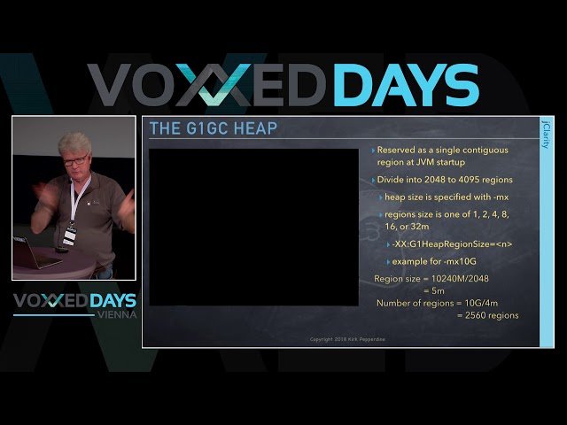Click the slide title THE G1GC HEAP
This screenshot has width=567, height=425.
[213, 129]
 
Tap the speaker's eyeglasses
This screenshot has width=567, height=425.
[75, 160]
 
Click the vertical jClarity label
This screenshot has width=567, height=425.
[544, 134]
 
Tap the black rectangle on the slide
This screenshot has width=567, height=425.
[253, 227]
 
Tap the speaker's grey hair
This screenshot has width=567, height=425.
[75, 143]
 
